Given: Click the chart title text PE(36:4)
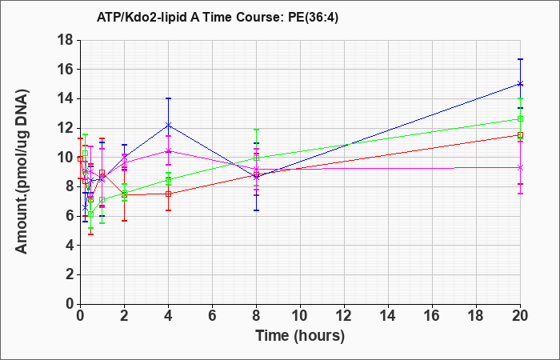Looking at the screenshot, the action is tap(313, 18).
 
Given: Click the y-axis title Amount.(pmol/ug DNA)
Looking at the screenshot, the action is tap(22, 172).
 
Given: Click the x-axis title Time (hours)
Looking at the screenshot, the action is tap(300, 336).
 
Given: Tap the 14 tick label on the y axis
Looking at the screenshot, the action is tap(66, 98).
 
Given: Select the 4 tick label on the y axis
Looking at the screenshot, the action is tap(70, 246).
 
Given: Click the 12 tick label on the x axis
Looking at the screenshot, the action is tap(344, 315).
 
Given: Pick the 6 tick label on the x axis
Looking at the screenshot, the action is tap(212, 315).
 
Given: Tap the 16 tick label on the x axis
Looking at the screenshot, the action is tap(432, 315).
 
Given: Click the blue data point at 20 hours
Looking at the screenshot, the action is tap(520, 83).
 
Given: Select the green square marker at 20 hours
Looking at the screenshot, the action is tap(520, 118).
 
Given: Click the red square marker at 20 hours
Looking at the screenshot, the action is tap(520, 135).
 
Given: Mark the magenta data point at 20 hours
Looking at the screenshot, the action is tap(520, 167).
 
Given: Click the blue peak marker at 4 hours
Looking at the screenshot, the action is tap(168, 125).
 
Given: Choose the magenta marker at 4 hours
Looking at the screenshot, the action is tap(168, 150).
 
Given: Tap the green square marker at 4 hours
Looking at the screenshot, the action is tap(168, 180).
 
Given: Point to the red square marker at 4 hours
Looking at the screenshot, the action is tap(168, 194).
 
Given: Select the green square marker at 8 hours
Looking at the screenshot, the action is tap(256, 158).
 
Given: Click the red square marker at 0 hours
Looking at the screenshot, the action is tap(80, 158).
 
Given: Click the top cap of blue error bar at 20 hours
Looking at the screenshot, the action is tap(520, 59).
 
